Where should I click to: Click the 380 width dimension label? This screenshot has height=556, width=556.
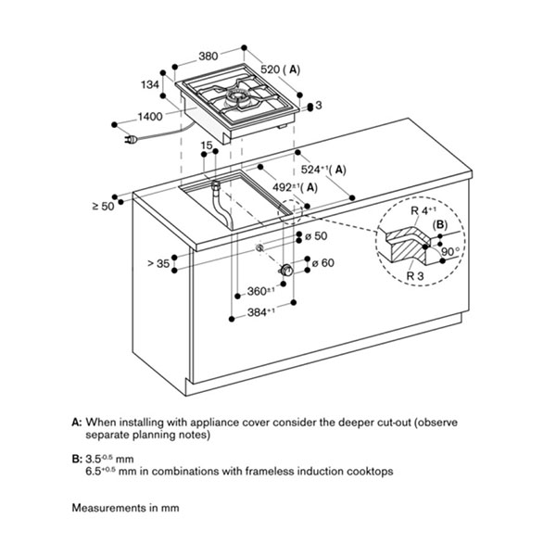tap(208, 56)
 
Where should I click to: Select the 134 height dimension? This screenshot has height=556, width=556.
tap(150, 84)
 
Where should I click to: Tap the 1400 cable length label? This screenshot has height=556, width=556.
tap(150, 117)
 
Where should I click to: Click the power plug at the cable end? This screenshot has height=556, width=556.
tap(131, 140)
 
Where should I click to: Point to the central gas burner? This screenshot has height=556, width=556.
tap(238, 96)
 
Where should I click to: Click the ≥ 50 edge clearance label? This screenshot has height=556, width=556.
tap(103, 206)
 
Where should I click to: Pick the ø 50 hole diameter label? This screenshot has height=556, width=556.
tap(316, 235)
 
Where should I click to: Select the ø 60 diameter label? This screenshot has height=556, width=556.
tap(322, 263)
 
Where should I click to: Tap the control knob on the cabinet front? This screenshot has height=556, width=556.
tap(286, 271)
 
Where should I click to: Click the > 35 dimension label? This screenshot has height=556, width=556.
tap(158, 263)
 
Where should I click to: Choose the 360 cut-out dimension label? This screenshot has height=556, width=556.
tap(261, 291)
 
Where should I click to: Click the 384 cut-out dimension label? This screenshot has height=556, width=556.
tap(261, 312)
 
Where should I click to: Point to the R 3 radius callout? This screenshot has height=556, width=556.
tap(415, 275)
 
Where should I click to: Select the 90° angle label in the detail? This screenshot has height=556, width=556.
tap(450, 251)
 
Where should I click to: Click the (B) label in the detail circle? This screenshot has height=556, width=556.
tap(440, 224)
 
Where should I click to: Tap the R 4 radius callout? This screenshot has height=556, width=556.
tap(423, 210)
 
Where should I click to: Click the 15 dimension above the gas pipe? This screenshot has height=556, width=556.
tap(207, 145)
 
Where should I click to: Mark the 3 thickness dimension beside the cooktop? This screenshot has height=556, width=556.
tap(319, 106)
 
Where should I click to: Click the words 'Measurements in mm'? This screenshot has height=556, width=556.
tap(125, 508)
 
